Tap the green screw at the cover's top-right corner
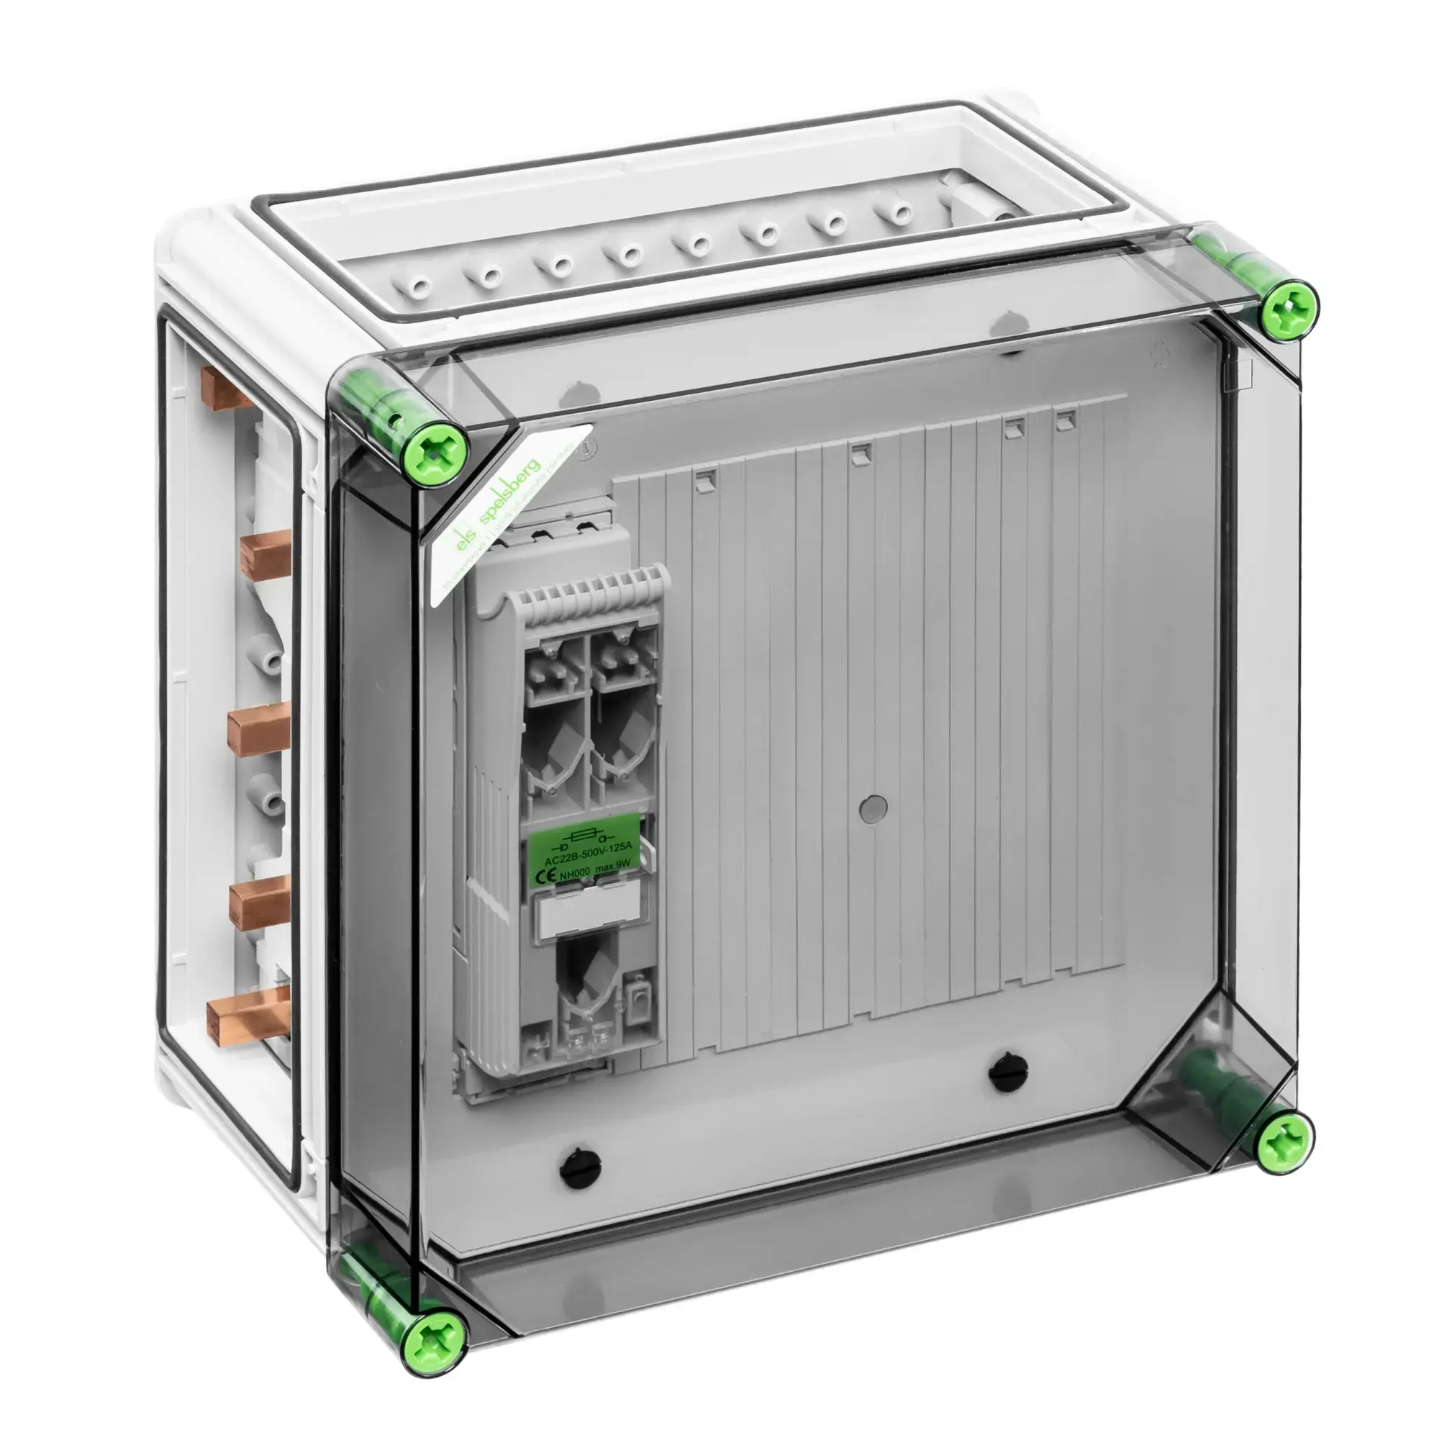(x=1289, y=309)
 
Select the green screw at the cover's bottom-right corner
(x=1284, y=1143)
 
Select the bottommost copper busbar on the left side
(x=249, y=1008)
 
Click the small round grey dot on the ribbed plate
(x=873, y=807)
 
